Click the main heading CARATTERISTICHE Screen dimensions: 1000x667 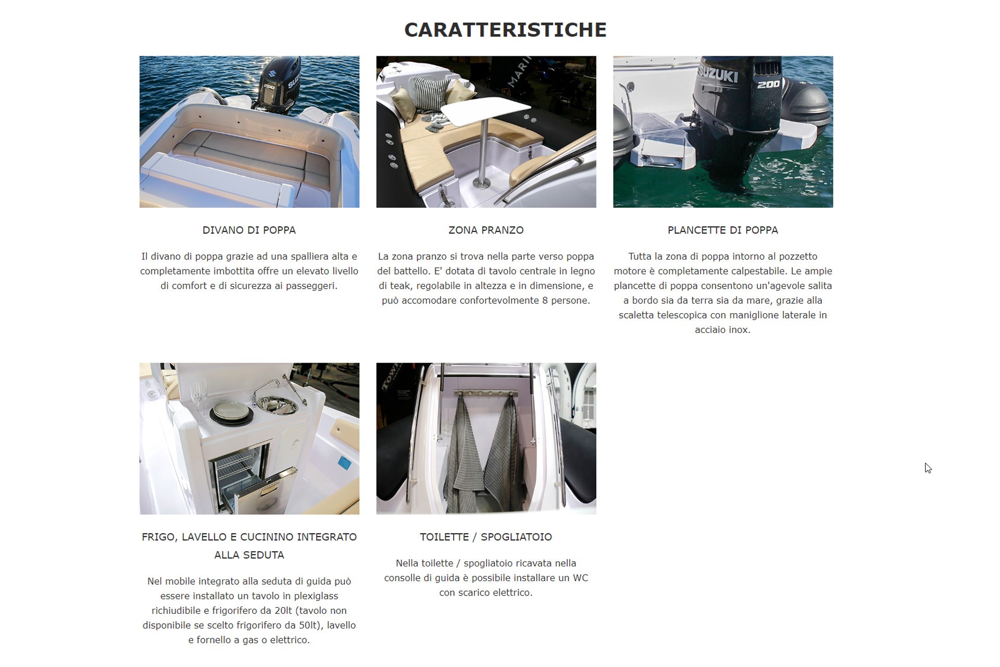pos(505,30)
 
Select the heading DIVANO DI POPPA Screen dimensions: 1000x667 pos(249,230)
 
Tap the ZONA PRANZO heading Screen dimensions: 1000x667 pos(486,230)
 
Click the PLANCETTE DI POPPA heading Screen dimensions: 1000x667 pos(723,230)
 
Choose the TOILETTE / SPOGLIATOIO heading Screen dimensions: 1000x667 pos(486,537)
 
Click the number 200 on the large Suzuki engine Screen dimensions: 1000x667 pos(768,84)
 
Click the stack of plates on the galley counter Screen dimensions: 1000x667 pos(232,412)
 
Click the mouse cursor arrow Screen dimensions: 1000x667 pos(928,468)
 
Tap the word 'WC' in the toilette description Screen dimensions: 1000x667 pos(580,578)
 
